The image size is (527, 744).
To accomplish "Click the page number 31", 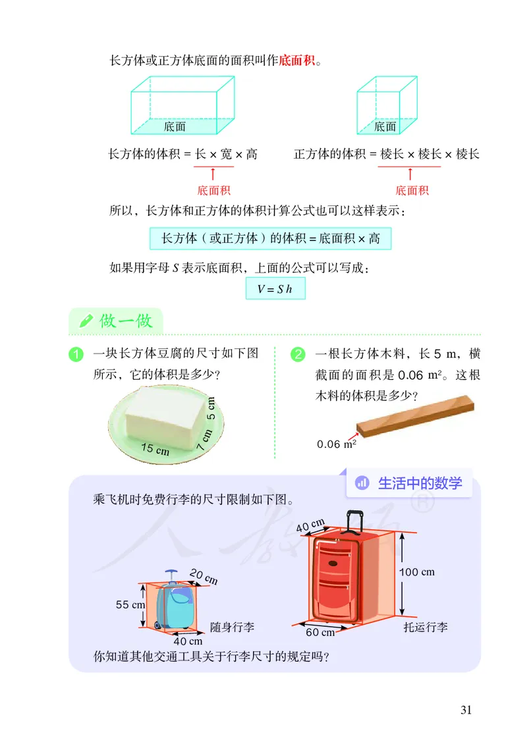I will pyautogui.click(x=466, y=710).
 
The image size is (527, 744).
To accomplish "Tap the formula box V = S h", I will pyautogui.click(x=275, y=289).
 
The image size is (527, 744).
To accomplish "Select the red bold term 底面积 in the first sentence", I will pyautogui.click(x=298, y=61).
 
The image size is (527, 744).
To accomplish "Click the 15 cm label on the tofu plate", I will pyautogui.click(x=155, y=450).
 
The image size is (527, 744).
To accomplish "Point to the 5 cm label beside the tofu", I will pyautogui.click(x=211, y=408).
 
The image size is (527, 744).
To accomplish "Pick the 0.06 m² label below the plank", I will pyautogui.click(x=336, y=444).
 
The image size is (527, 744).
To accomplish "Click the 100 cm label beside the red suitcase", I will pyautogui.click(x=417, y=571).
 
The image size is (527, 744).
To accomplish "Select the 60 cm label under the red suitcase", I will pyautogui.click(x=320, y=632).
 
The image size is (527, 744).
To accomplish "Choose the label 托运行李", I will pyautogui.click(x=426, y=627).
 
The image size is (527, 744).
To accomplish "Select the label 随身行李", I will pyautogui.click(x=233, y=627).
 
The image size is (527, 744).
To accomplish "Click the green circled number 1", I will pyautogui.click(x=76, y=354).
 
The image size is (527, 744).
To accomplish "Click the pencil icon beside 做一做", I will pyautogui.click(x=86, y=321).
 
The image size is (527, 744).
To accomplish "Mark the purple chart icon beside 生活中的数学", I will pyautogui.click(x=362, y=483).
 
